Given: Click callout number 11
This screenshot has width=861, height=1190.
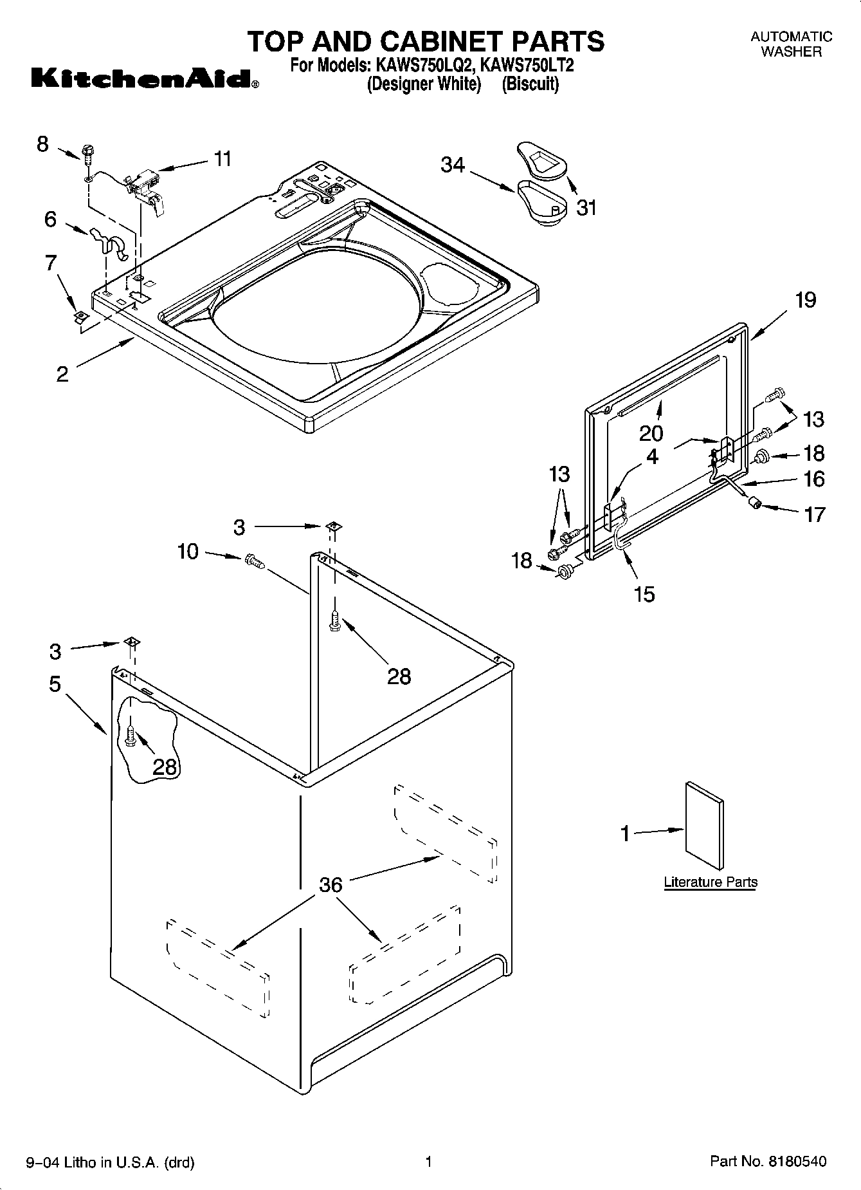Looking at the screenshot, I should click(222, 158).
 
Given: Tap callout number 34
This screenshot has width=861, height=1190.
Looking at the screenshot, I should click(453, 165).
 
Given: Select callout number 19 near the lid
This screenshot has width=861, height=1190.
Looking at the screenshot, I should click(806, 300).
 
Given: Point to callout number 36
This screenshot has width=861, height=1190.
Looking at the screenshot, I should click(331, 885).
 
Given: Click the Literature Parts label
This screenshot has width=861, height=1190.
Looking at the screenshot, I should click(710, 882).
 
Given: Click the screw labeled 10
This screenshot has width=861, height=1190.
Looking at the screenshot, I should click(255, 562).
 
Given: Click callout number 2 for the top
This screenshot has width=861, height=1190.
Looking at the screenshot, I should click(62, 374).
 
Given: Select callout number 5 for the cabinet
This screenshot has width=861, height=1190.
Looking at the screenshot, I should click(55, 683).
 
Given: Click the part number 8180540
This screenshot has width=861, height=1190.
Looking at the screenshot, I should click(795, 1162).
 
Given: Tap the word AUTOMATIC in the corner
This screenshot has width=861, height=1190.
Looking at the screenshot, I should click(791, 37).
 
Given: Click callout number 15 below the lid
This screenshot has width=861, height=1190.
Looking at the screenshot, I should click(644, 594).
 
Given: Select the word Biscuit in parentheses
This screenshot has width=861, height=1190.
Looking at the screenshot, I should click(530, 84).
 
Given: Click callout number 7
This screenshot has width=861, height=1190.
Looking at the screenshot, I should click(51, 263).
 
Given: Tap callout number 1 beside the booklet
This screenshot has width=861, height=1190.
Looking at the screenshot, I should click(624, 833).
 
